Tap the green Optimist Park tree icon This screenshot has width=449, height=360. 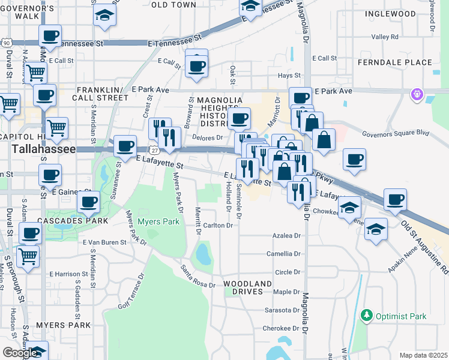point(366,315)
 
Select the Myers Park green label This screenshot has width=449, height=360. point(158,221)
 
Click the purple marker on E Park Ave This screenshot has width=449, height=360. point(416,94)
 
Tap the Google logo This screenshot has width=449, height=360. point(20,353)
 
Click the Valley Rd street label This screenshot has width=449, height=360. point(385,37)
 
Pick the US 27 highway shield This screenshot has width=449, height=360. point(154,150)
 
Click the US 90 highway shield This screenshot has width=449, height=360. point(5,43)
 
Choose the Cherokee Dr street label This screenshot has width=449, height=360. point(281,328)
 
